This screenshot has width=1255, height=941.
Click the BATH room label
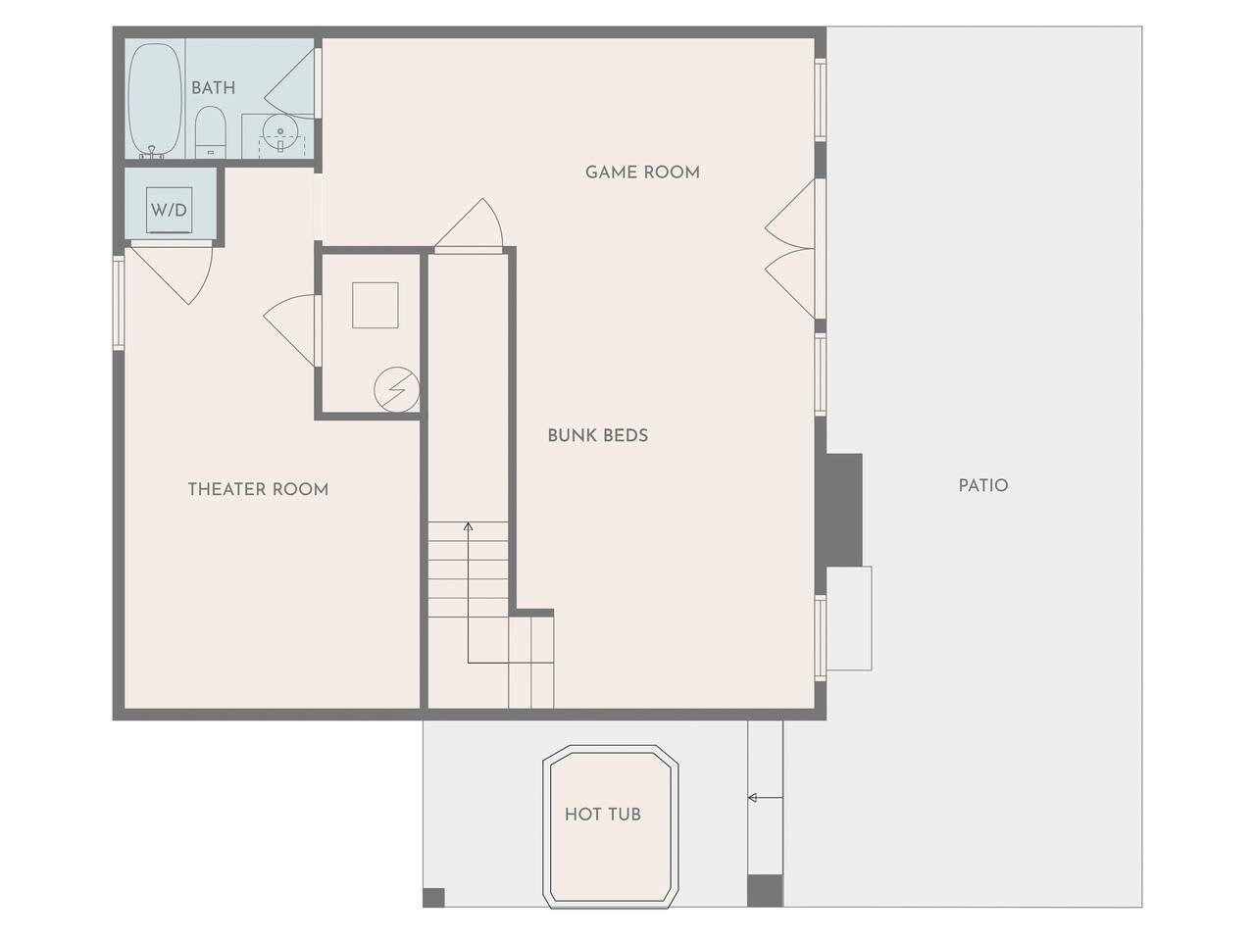click(213, 88)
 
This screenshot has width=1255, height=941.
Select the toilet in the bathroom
click(211, 132)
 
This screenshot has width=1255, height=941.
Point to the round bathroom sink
click(280, 133)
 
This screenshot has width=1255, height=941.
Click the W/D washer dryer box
click(169, 210)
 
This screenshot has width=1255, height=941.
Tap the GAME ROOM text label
click(642, 172)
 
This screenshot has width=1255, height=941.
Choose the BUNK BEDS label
click(597, 436)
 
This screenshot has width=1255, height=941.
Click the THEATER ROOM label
click(259, 490)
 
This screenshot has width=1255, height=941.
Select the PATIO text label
click(983, 485)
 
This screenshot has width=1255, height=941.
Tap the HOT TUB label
click(603, 815)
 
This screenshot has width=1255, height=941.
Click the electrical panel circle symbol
click(397, 389)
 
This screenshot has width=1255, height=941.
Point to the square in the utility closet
click(376, 305)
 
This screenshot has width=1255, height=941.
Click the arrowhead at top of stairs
click(469, 525)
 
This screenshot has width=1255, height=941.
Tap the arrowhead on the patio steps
click(752, 798)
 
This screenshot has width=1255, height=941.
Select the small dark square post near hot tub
click(433, 898)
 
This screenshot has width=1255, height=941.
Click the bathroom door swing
click(290, 84)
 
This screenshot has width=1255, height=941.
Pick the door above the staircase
click(469, 223)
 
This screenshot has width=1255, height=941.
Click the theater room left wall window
click(119, 302)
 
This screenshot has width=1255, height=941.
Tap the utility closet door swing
click(289, 330)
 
